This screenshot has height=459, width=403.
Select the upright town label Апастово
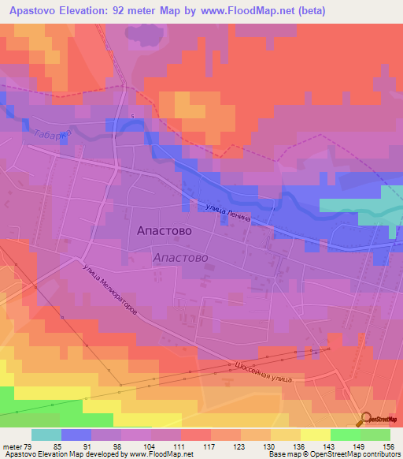click(x=164, y=233)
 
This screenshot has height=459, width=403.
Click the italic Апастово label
click(x=179, y=258)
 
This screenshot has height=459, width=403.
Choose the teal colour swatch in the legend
click(x=46, y=435)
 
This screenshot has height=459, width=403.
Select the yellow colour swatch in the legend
click(x=315, y=435)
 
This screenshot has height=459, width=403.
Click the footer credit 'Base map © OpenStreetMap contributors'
click(x=334, y=454)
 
